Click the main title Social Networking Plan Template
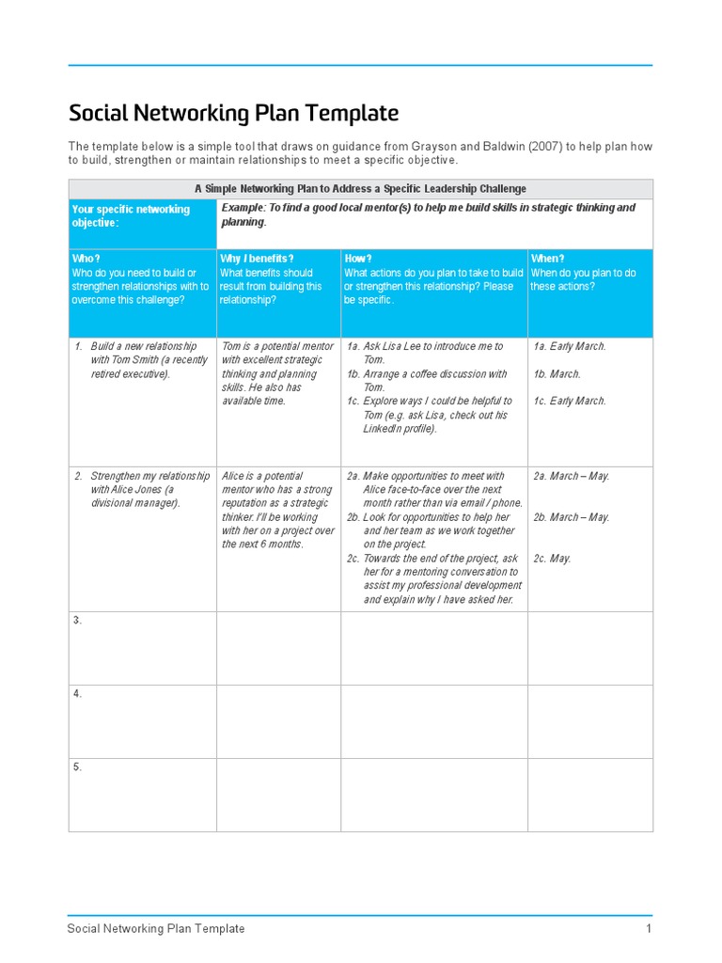[x=233, y=114]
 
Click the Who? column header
[x=86, y=259]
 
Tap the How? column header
[x=358, y=259]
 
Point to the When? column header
[x=547, y=259]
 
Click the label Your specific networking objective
[x=130, y=215]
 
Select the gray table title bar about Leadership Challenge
[x=360, y=189]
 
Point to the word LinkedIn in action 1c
[x=386, y=429]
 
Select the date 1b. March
[x=557, y=374]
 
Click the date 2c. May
[x=552, y=559]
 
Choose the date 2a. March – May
[x=572, y=477]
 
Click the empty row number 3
[x=78, y=621]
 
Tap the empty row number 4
[x=78, y=694]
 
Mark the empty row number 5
[x=78, y=767]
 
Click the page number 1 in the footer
[x=648, y=929]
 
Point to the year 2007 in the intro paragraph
[x=520, y=147]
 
